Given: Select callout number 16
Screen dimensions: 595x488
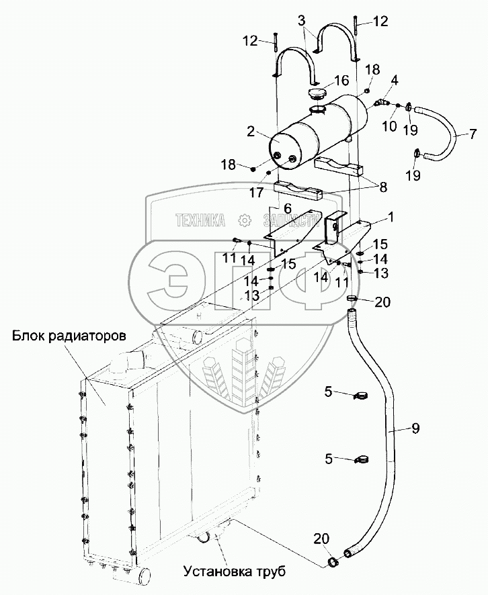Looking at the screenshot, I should click(x=341, y=81).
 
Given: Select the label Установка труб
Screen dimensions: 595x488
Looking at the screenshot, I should click(x=234, y=573).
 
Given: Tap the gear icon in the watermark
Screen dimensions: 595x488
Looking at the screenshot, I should click(x=244, y=220).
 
